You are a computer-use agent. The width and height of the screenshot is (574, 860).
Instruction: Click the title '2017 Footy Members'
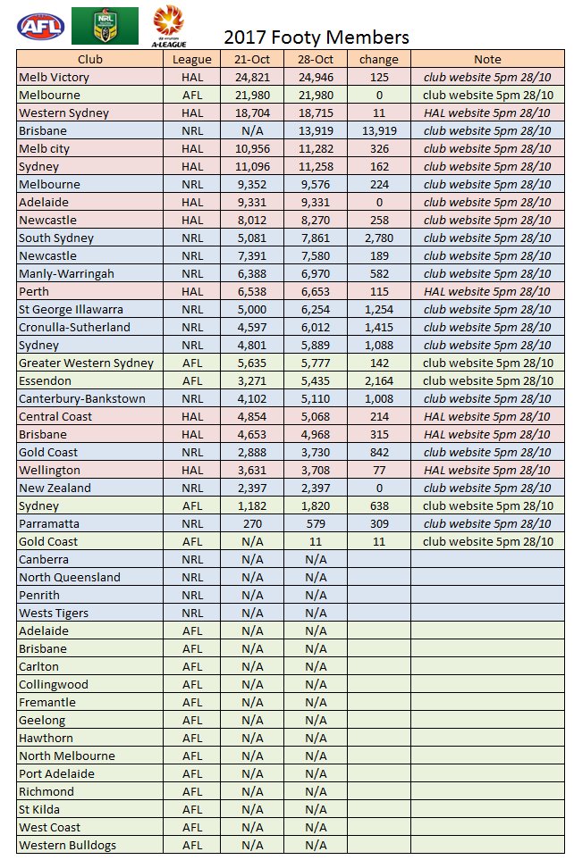316,38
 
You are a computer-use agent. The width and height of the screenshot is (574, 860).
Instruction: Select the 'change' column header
378,60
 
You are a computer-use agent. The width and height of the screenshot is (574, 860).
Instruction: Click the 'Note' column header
487,60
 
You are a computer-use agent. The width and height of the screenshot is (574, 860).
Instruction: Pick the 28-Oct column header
316,60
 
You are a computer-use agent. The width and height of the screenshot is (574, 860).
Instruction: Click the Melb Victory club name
54,78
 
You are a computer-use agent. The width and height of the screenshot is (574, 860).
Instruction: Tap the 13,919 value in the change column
378,131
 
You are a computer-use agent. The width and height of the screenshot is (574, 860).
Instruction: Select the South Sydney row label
56,238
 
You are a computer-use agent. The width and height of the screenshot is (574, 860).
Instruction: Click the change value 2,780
378,238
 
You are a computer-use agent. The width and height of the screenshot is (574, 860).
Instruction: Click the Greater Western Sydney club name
86,363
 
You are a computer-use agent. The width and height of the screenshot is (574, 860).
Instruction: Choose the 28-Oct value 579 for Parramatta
316,524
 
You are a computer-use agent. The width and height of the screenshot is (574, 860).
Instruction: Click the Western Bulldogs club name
67,846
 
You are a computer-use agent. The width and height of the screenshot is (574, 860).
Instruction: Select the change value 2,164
378,381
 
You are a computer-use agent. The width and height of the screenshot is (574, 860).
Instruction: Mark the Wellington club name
49,471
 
